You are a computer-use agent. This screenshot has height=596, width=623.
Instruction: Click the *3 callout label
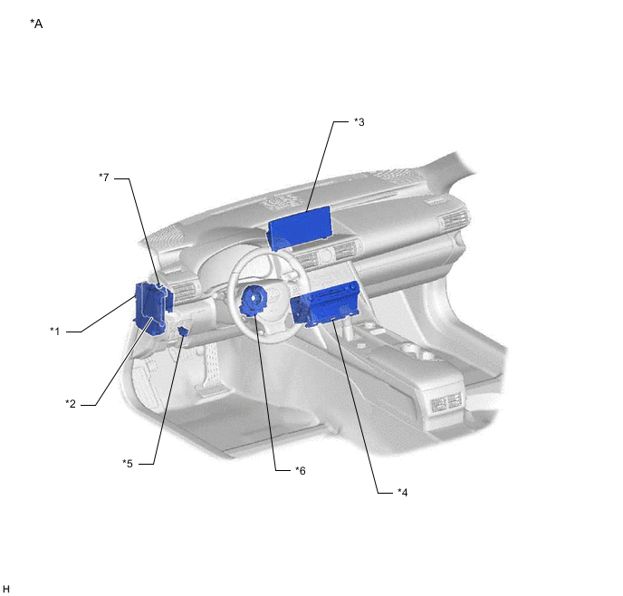point(359,122)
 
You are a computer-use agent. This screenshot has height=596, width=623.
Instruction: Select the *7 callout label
point(104,178)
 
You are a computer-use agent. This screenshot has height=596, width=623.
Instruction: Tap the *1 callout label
point(55,331)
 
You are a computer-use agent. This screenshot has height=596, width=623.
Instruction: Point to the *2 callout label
point(71,404)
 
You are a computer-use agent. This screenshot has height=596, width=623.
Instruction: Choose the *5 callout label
point(128,463)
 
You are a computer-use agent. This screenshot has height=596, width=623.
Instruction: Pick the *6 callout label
point(301,470)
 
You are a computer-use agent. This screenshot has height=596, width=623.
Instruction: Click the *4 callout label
point(402,493)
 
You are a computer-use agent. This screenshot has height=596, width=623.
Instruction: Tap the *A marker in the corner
point(36,24)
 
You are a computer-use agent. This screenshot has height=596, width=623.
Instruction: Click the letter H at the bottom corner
point(6,589)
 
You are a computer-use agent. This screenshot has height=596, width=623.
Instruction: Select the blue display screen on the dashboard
point(299,227)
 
